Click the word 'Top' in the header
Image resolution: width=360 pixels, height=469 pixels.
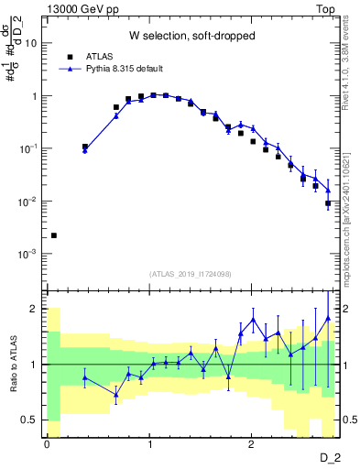click(327, 8)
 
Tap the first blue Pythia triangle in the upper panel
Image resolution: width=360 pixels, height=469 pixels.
click(85, 150)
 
